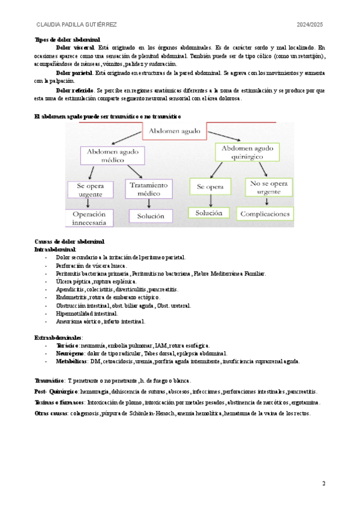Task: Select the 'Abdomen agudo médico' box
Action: (107, 157)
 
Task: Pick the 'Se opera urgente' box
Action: (91, 190)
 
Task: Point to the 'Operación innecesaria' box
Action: (89, 217)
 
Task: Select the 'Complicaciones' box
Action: (265, 213)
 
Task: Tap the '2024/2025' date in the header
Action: (310, 24)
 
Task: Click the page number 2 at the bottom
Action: (324, 483)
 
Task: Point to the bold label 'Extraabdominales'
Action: (59, 338)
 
